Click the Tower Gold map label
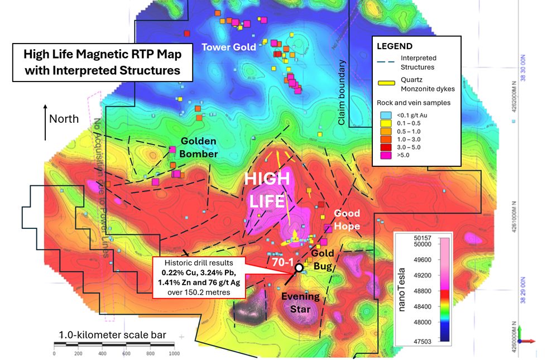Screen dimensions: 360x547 pos(229,47)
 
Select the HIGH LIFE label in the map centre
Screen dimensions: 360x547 pos(268,190)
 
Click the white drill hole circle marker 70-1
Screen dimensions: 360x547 pos(299,267)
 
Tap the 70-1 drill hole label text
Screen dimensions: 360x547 pos(284,260)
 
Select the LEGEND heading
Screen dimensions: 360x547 pos(395,46)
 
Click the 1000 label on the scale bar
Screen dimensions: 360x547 pos(175,354)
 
